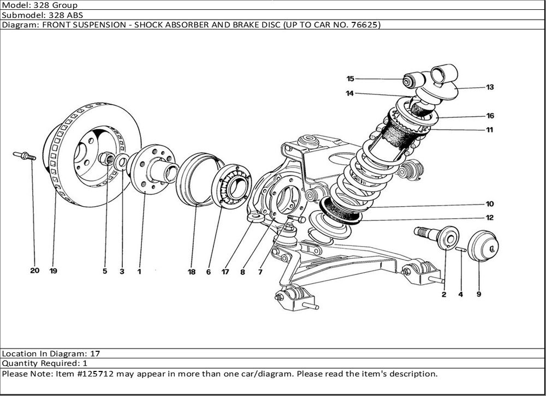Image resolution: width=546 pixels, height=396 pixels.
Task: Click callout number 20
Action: tap(34, 271)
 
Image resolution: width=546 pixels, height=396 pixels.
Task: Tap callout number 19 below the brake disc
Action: tap(53, 271)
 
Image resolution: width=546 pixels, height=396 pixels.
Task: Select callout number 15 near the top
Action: tap(350, 79)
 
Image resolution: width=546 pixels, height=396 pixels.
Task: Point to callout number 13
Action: tap(490, 87)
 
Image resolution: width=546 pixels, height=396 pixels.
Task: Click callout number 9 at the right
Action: tap(479, 295)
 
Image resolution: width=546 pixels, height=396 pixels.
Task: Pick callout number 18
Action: tap(192, 271)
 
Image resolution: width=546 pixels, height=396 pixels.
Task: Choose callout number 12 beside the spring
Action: tap(490, 218)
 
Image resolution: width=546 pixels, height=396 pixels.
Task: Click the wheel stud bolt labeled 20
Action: tap(24, 157)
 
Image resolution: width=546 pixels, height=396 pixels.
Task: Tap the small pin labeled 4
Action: tap(460, 250)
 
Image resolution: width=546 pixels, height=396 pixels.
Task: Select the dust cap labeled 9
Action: tap(482, 246)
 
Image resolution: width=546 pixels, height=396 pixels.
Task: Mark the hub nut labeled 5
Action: tap(107, 159)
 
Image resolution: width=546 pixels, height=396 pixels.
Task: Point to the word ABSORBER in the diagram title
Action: tap(192, 25)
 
